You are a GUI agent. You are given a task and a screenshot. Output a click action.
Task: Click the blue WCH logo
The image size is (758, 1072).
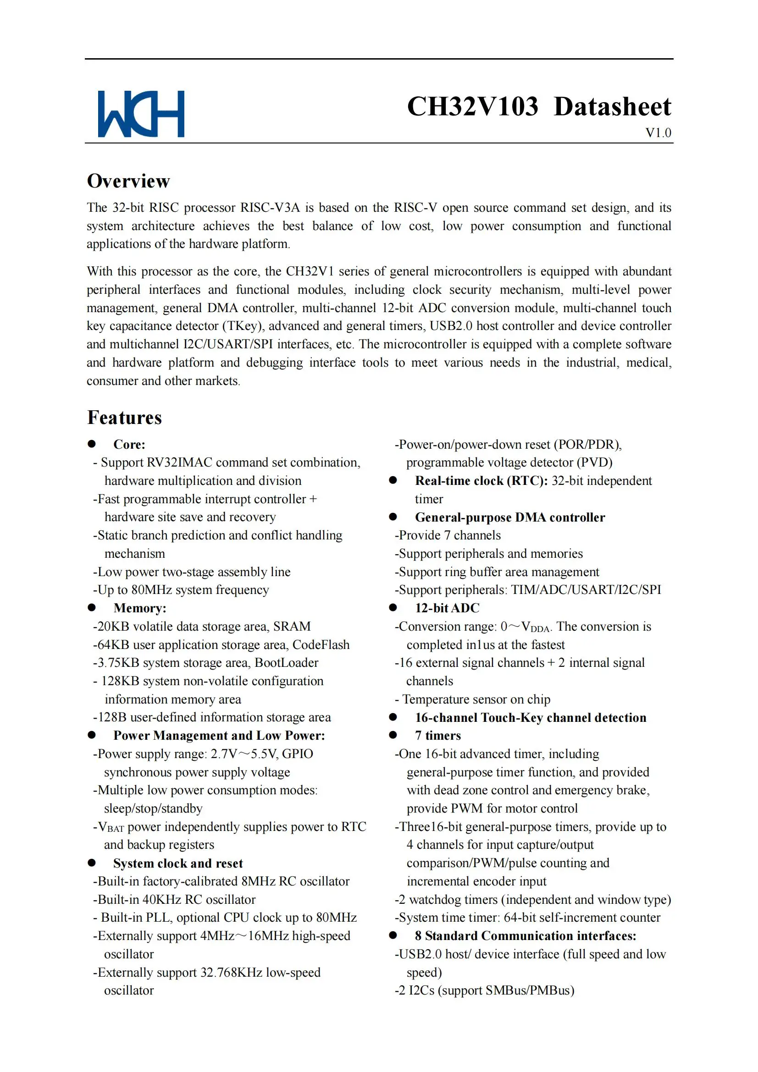pyautogui.click(x=141, y=114)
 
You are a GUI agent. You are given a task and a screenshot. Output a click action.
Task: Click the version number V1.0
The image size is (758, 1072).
pyautogui.click(x=658, y=133)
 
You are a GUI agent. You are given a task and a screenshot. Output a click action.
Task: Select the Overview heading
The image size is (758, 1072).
pyautogui.click(x=128, y=181)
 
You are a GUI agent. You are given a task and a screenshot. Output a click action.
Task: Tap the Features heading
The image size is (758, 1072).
pyautogui.click(x=125, y=418)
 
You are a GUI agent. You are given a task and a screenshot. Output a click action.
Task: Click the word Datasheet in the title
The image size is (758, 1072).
pyautogui.click(x=612, y=106)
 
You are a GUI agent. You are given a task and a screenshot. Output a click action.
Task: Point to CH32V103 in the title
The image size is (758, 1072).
pyautogui.click(x=473, y=106)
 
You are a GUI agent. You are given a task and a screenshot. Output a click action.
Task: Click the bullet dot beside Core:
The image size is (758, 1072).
pyautogui.click(x=92, y=444)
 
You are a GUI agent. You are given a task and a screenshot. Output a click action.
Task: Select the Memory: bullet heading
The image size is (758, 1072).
pyautogui.click(x=140, y=608)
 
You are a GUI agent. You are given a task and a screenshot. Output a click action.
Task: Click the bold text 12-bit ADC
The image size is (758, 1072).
pyautogui.click(x=447, y=608)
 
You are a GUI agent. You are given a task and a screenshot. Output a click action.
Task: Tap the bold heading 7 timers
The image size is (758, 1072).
pyautogui.click(x=437, y=735)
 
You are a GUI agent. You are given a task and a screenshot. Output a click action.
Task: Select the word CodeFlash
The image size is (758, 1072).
pyautogui.click(x=321, y=644)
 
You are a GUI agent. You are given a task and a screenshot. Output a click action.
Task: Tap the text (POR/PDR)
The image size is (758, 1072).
pyautogui.click(x=587, y=444)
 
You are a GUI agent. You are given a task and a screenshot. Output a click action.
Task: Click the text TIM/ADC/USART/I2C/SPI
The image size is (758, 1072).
pyautogui.click(x=586, y=590)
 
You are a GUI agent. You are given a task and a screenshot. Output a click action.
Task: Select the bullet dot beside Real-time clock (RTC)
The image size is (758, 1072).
pyautogui.click(x=393, y=480)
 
